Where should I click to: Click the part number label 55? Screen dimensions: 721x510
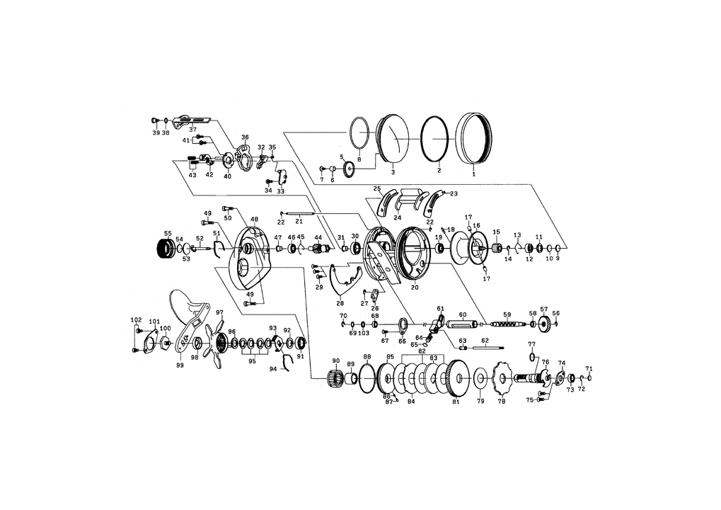[x=168, y=233]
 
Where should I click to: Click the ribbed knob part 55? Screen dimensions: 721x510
[x=166, y=251]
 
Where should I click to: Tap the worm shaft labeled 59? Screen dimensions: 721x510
[x=507, y=324]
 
